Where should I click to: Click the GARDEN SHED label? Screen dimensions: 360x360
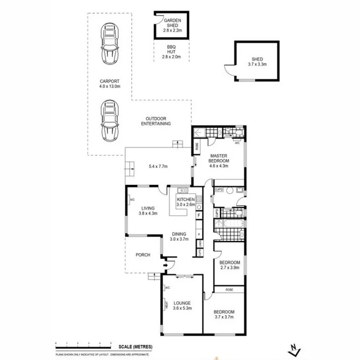click(x=172, y=24)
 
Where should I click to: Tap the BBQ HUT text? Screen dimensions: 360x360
click(x=172, y=52)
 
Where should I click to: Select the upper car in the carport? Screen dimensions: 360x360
click(x=110, y=44)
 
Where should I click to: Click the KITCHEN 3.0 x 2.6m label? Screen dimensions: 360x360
click(x=186, y=202)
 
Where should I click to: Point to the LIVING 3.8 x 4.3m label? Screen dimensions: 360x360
click(x=148, y=210)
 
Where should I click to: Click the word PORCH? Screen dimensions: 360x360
click(x=143, y=255)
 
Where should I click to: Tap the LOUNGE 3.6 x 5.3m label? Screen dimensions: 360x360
click(x=182, y=306)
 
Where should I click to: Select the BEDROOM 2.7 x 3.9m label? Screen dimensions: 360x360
click(x=229, y=265)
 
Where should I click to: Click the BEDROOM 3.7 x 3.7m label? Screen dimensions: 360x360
click(x=224, y=314)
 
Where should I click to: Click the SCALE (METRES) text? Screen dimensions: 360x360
click(x=135, y=347)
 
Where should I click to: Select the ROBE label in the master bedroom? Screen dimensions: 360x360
click(x=197, y=146)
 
